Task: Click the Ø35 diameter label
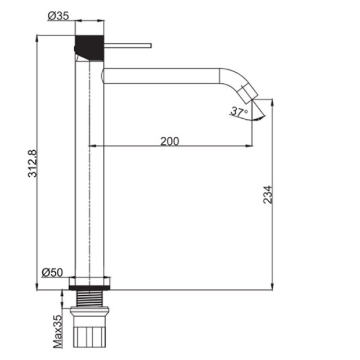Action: [x=58, y=16]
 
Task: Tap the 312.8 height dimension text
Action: [x=33, y=164]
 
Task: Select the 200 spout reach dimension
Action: [x=169, y=141]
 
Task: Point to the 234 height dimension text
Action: [x=268, y=195]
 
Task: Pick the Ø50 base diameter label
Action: [x=52, y=273]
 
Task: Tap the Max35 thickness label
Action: [x=57, y=331]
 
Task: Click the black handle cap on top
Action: [x=89, y=48]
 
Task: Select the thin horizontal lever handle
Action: [x=128, y=46]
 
